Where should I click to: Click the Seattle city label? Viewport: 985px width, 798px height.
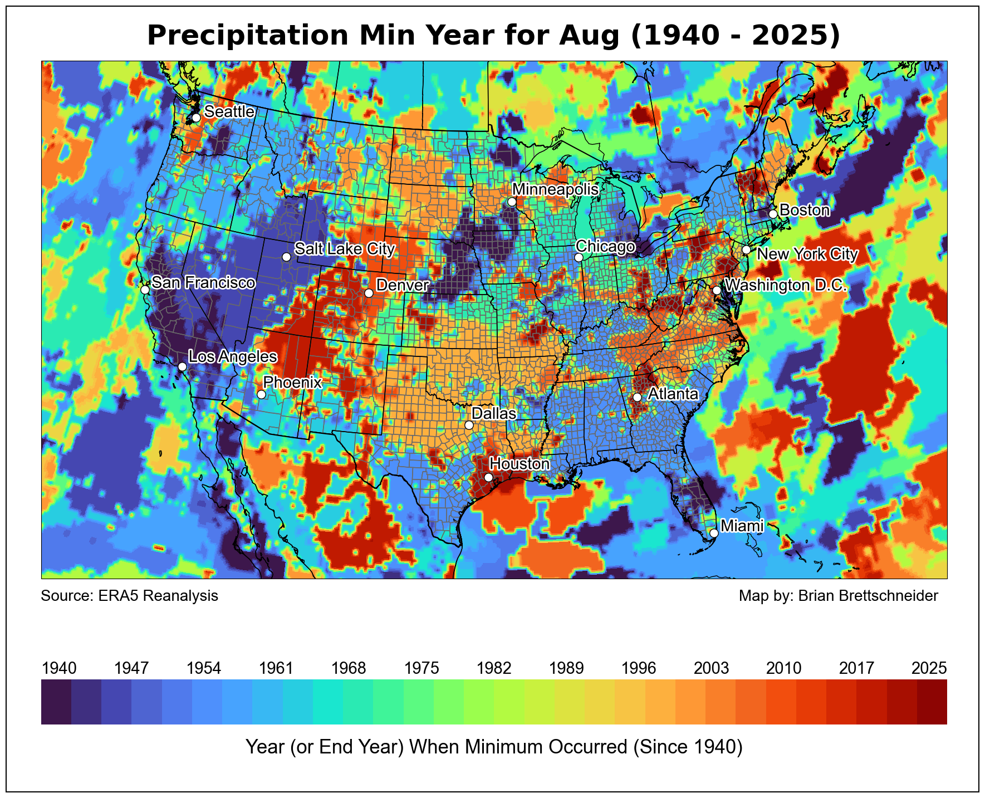(229, 112)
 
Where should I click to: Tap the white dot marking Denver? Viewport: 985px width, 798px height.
(369, 293)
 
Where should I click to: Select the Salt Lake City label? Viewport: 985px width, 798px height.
(344, 248)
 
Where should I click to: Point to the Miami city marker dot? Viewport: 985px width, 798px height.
(714, 533)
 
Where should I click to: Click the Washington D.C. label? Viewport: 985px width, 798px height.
(786, 286)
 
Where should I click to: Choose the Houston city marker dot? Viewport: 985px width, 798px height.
(488, 477)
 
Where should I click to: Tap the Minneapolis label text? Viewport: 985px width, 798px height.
(555, 189)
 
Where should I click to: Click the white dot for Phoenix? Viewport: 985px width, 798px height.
(261, 394)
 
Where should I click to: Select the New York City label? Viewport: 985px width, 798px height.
(807, 254)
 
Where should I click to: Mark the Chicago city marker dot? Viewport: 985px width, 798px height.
(579, 257)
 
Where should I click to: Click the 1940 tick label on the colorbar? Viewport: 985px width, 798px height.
(59, 668)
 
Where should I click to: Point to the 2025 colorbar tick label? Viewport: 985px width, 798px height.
(929, 668)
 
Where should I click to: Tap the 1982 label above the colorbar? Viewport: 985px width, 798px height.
(494, 668)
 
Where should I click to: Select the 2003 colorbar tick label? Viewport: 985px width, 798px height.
(711, 668)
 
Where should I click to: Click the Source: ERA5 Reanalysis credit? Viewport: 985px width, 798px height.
(130, 596)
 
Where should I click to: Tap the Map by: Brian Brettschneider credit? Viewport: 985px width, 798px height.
(838, 596)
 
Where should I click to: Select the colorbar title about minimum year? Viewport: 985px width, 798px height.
(494, 747)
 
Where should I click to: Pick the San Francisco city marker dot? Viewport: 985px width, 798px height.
(145, 290)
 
